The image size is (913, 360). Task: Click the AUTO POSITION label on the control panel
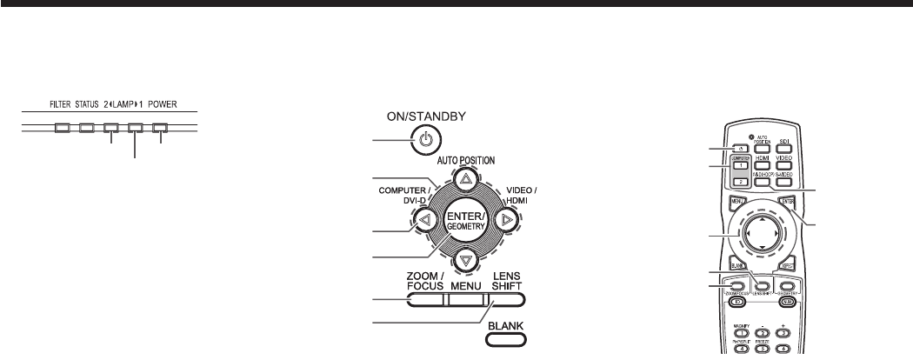tap(466, 161)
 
